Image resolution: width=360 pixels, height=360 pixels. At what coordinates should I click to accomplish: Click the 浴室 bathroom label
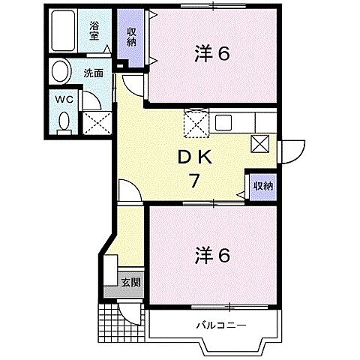point(94,30)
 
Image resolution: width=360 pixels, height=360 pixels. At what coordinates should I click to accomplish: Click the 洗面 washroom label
point(93,73)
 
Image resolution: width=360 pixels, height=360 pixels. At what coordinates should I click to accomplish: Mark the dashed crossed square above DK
point(195,124)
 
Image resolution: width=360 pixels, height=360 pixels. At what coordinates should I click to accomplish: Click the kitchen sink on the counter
point(225,122)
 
